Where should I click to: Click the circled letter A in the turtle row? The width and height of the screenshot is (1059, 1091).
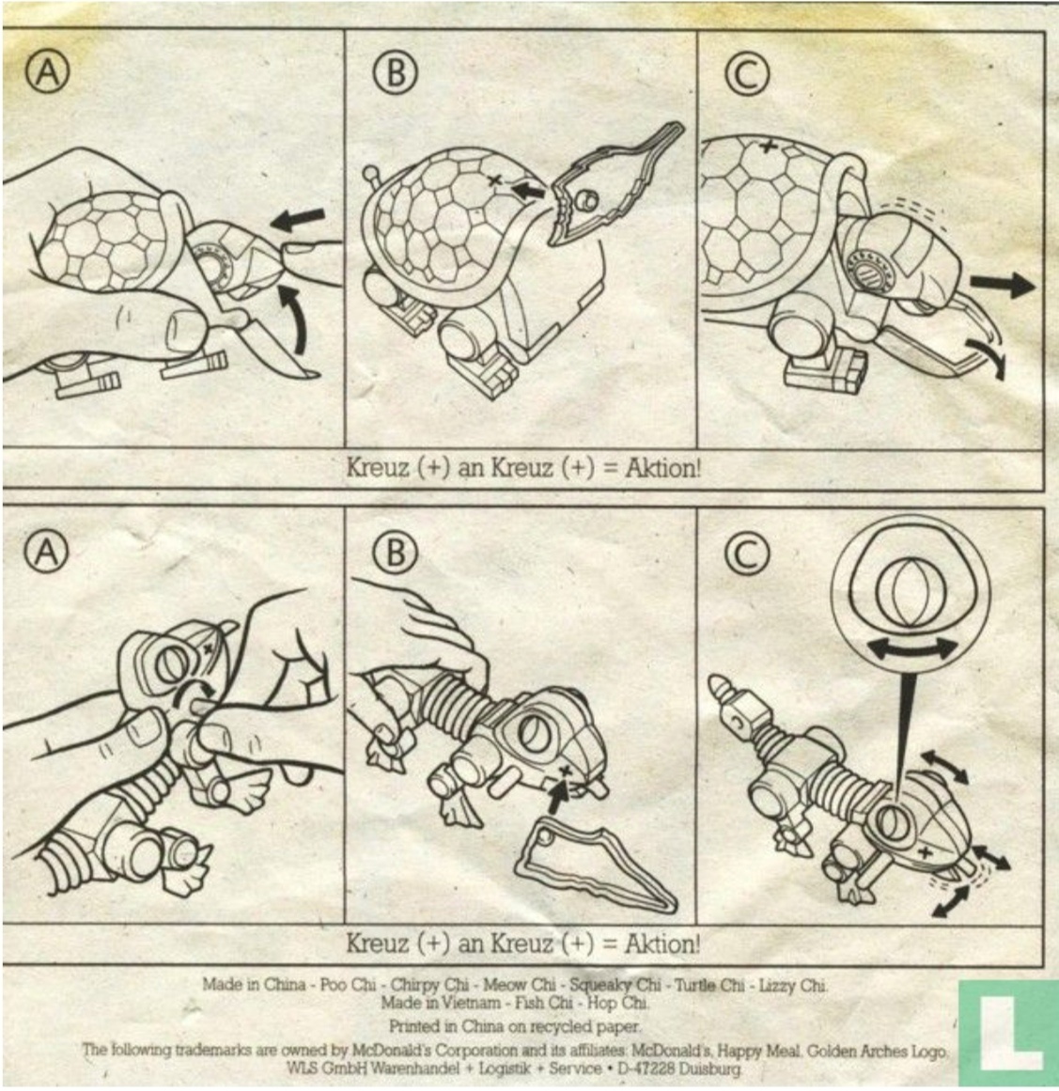[x=48, y=72]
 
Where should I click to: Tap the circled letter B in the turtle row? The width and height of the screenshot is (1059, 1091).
[x=396, y=72]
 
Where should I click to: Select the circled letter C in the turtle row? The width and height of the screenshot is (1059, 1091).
[x=747, y=73]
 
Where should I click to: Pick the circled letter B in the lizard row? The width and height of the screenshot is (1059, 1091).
[x=396, y=553]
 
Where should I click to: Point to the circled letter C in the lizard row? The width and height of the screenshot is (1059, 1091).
[x=747, y=554]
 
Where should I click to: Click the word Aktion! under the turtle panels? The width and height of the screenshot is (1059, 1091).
[x=662, y=468]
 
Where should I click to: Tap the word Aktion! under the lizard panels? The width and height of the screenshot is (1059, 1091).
[x=662, y=944]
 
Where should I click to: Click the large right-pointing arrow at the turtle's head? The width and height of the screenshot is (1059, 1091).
[x=1003, y=285]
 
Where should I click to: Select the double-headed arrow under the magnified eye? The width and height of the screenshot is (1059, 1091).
[x=912, y=648]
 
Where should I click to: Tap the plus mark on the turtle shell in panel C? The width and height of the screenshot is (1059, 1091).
[x=768, y=147]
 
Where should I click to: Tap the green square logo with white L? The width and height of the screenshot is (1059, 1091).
[x=1008, y=1033]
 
